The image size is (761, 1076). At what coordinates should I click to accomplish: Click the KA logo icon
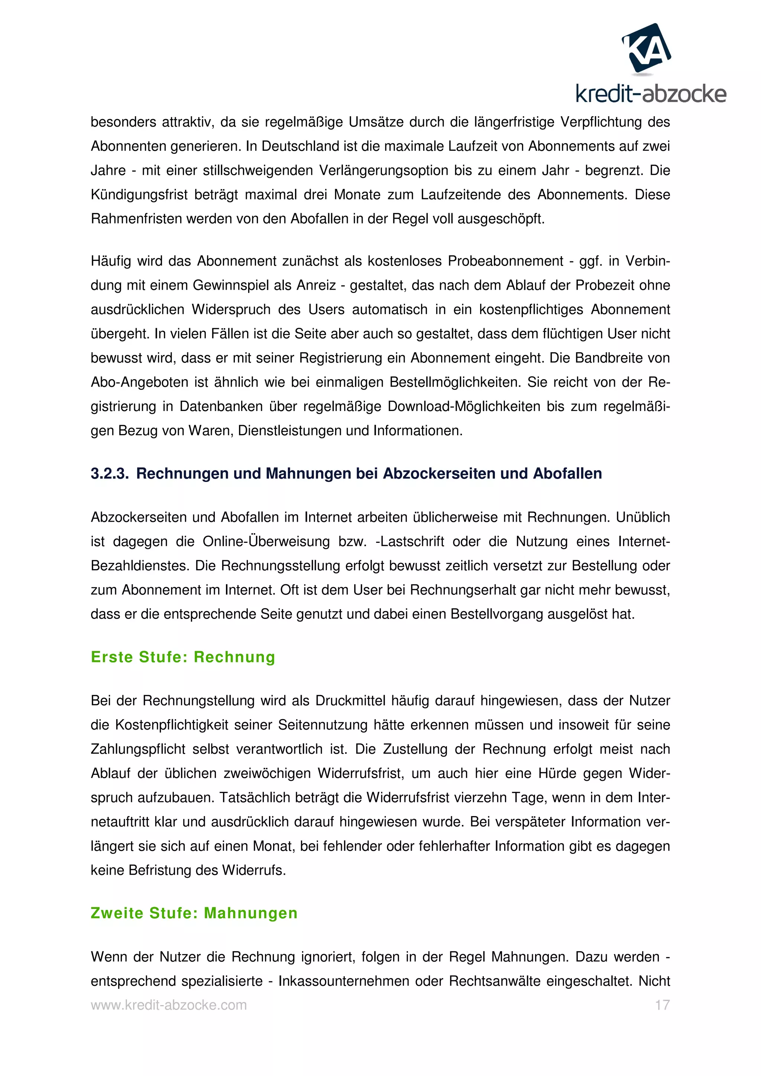click(x=646, y=48)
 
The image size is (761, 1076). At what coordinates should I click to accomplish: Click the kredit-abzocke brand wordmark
click(x=650, y=94)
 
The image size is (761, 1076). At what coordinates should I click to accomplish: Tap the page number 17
click(x=662, y=1005)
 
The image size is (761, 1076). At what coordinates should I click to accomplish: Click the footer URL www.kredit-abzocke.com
click(x=169, y=1005)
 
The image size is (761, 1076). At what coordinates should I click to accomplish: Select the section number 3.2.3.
click(x=109, y=474)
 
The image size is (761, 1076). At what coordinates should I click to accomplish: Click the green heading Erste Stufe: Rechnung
click(x=183, y=657)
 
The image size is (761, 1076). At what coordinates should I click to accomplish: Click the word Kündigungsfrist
click(x=139, y=195)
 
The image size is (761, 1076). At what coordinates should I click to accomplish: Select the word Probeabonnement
click(x=505, y=261)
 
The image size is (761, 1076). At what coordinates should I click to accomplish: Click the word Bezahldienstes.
click(x=140, y=565)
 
